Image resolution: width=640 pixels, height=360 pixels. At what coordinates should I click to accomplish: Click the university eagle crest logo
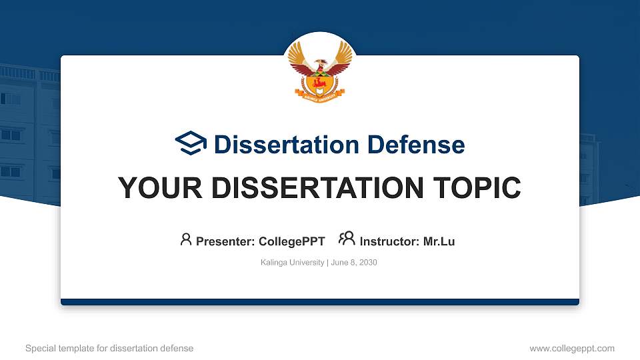point(319,72)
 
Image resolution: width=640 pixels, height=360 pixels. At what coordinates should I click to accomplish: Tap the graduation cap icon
point(191,143)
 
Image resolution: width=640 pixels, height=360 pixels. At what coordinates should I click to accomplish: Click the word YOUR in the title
point(152,188)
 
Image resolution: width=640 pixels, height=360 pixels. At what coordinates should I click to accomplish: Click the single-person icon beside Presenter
point(186,239)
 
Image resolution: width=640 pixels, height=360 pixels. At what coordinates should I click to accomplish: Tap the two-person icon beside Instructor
point(347,239)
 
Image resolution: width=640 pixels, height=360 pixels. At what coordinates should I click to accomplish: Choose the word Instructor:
point(390,241)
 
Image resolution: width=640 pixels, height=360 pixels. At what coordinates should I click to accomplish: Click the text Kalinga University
point(292,263)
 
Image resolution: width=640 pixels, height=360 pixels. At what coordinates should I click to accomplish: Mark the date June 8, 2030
point(354,263)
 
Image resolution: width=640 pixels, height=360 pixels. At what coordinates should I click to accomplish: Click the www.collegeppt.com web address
point(571,348)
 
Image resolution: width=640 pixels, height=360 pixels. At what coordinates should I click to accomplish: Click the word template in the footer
point(77,348)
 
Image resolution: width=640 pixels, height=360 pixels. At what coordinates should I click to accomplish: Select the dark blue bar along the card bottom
point(319,302)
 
